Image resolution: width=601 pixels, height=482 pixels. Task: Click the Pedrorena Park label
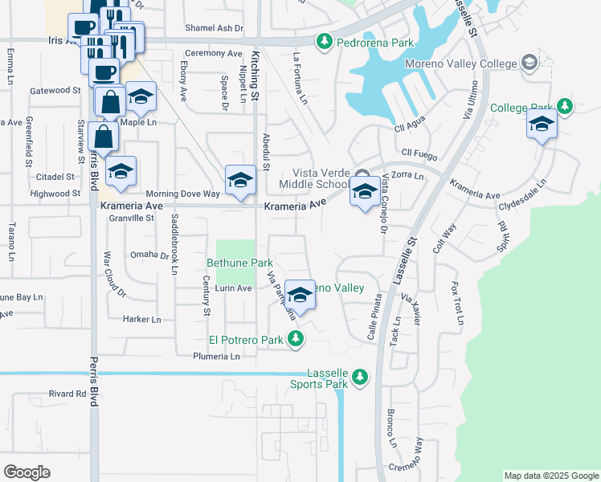point(364,40)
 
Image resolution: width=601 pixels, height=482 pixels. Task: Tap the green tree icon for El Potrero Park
point(296,339)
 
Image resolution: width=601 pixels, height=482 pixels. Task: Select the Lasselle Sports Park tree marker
point(361,376)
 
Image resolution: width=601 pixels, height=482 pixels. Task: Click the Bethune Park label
point(240,263)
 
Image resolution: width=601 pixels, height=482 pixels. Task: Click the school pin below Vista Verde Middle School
point(365,193)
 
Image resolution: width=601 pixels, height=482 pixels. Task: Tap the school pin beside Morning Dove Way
point(240,182)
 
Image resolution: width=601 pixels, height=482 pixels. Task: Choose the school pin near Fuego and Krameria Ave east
point(542,125)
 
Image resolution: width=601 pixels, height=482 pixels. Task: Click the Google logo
point(27,472)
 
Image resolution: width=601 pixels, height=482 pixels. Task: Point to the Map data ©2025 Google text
point(550,476)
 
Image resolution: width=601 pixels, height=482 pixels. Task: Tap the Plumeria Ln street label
point(218,357)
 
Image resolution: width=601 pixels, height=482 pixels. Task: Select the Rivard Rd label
point(67,394)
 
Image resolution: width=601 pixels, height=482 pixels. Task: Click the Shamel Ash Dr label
point(214,28)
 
